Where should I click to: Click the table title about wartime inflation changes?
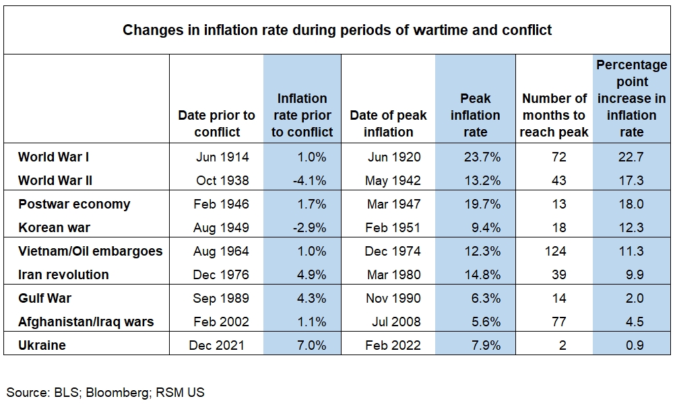337,30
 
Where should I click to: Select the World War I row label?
54,157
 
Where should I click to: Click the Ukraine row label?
41,345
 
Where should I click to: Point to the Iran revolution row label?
63,274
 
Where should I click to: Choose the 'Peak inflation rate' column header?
475,115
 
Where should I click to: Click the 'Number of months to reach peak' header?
554,115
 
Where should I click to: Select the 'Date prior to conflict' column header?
216,123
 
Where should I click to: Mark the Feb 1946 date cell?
222,204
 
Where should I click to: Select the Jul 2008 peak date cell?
396,322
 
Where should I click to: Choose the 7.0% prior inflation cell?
312,345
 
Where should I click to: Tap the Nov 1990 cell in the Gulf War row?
394,298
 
